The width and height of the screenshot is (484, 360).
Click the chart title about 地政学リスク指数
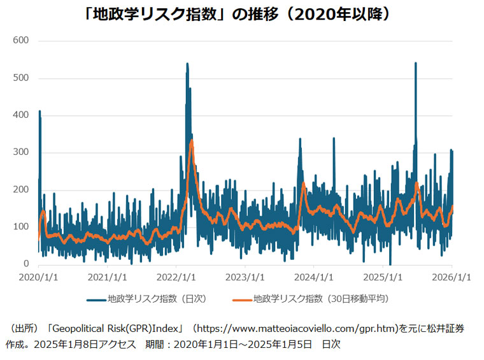click(x=243, y=14)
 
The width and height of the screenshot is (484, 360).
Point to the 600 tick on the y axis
click(x=21, y=41)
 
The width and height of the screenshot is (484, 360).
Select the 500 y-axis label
click(x=21, y=78)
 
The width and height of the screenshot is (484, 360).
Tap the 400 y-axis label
click(x=21, y=115)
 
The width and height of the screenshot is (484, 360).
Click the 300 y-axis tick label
click(x=21, y=153)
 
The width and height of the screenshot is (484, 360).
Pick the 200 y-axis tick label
click(x=21, y=190)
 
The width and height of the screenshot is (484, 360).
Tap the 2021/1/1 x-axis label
click(x=108, y=277)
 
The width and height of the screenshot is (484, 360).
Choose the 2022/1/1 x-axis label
click(x=176, y=277)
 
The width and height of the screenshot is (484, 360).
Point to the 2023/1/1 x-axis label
click(x=245, y=277)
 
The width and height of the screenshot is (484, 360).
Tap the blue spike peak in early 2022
click(x=187, y=64)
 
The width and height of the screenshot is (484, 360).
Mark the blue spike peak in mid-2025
click(x=415, y=63)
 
